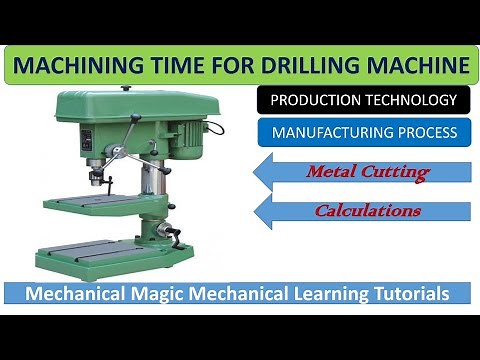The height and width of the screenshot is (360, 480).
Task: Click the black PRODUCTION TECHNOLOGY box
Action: (363, 100)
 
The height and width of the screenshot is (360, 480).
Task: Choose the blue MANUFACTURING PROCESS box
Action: (363, 132)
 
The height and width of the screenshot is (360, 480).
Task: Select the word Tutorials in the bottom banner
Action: (420, 293)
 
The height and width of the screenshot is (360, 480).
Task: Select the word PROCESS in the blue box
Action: (426, 132)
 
